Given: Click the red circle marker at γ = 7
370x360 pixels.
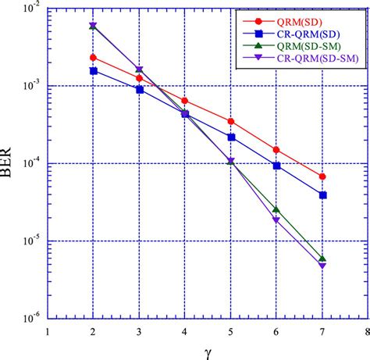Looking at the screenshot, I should pos(322,176).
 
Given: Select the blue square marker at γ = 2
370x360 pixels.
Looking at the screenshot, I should pos(93,70).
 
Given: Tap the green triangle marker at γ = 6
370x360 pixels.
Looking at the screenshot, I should pos(276,209).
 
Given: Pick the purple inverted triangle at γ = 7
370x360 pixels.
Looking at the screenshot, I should pos(322,266).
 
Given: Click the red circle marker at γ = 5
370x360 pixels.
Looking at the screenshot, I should pos(230,121).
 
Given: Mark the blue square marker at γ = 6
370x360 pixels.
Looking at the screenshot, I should pos(276,166).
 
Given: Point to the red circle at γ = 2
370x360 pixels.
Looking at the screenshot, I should pos(93,57).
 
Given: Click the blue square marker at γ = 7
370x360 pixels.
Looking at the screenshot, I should pos(322,195).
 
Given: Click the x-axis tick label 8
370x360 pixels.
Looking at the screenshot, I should pos(367,330).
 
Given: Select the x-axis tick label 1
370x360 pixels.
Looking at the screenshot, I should pos(48,330).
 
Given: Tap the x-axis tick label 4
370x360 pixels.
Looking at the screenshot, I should pos(184,330).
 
